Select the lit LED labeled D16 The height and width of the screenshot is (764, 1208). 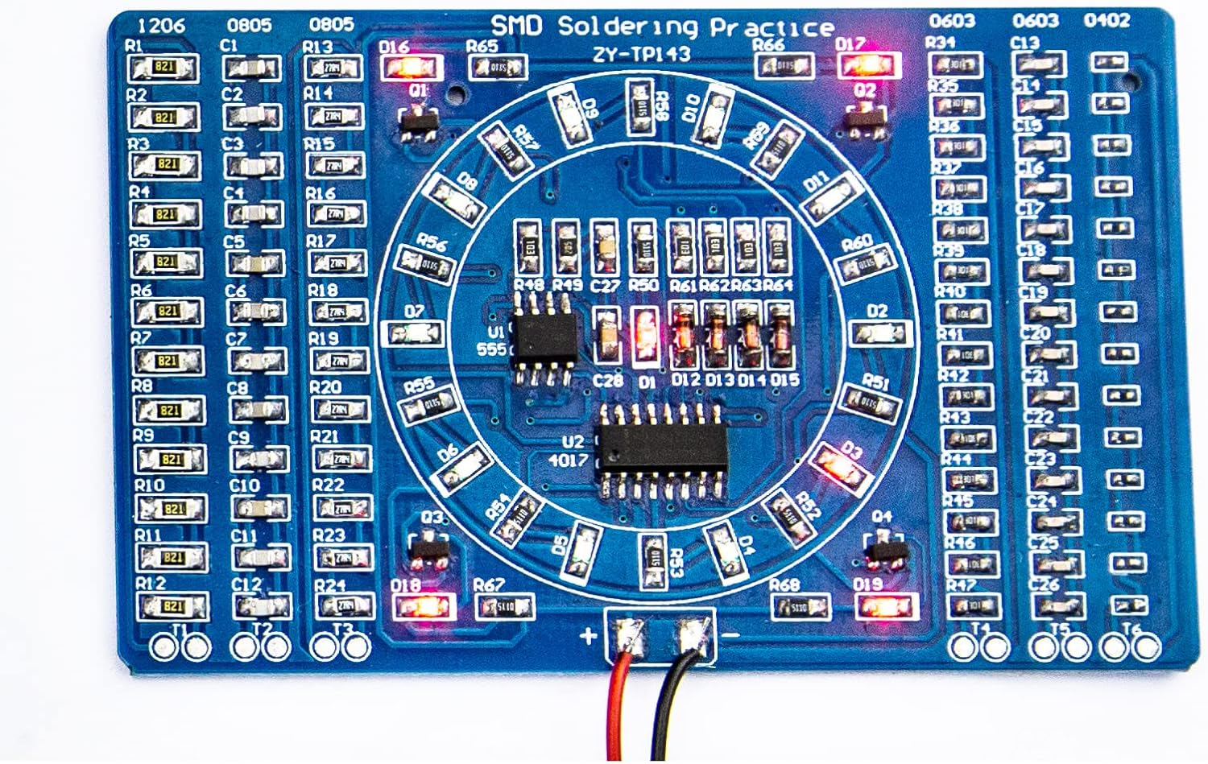click(411, 68)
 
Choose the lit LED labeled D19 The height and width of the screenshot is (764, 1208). click(883, 606)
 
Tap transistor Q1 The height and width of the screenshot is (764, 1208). click(419, 122)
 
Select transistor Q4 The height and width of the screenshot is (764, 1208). click(886, 551)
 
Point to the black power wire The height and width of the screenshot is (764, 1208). click(672, 708)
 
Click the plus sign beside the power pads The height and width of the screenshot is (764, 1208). click(588, 636)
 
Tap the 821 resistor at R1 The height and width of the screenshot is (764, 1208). click(164, 68)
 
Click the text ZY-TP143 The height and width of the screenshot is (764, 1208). click(641, 54)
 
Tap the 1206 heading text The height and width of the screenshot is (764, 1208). click(162, 25)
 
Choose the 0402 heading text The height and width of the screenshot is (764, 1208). click(1107, 20)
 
